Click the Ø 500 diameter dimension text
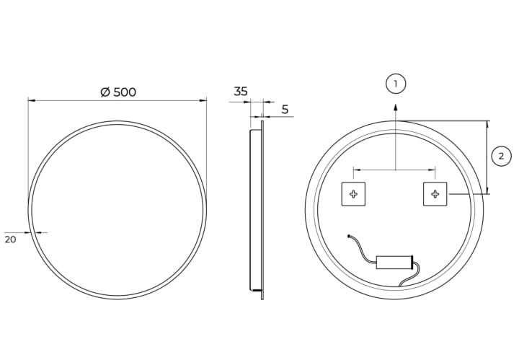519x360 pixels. coord(118,92)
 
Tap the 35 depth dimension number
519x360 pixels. coord(241,91)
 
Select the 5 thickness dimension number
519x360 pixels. coord(285,109)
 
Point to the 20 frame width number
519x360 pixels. coord(10,239)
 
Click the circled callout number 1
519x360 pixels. coord(396,84)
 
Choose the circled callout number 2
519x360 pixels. coord(501,156)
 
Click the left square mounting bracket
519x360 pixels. coord(353,194)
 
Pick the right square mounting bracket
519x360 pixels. coord(435,194)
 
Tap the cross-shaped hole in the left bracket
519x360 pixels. coord(353,194)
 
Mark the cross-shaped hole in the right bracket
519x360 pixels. coord(435,194)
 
